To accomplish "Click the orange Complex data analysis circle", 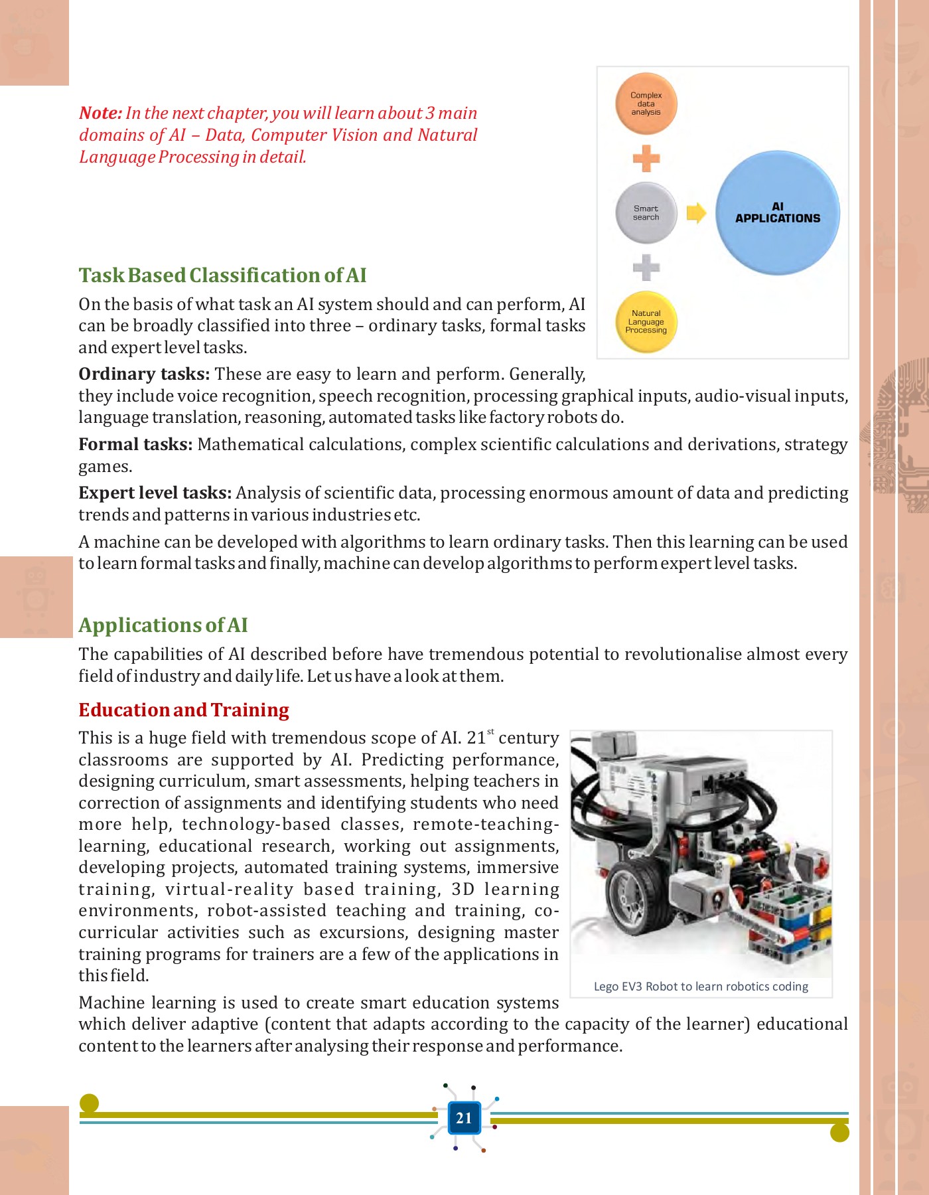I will click(x=646, y=104).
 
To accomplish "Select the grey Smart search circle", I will click(x=646, y=212).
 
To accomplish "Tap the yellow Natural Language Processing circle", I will click(x=646, y=322).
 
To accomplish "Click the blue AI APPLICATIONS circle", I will click(x=777, y=212).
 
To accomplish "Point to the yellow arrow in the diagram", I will click(x=695, y=212).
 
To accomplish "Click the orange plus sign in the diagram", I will click(x=646, y=159).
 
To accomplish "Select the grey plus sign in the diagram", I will click(x=646, y=268).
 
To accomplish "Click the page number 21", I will click(x=464, y=1118).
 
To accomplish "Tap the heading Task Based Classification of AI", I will click(x=222, y=275).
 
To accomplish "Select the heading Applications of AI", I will click(x=163, y=625).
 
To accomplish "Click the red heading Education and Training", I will click(x=184, y=710).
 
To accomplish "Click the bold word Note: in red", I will click(x=100, y=113).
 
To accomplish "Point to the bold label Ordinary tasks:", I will click(x=144, y=374).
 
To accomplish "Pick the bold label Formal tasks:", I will click(x=135, y=444).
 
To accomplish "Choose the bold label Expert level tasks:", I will click(x=155, y=493).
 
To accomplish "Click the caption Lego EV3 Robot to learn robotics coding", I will click(x=701, y=986).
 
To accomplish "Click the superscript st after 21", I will click(x=490, y=732).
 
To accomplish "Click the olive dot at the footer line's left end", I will click(x=89, y=1103).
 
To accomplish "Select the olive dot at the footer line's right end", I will click(x=839, y=1133).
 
